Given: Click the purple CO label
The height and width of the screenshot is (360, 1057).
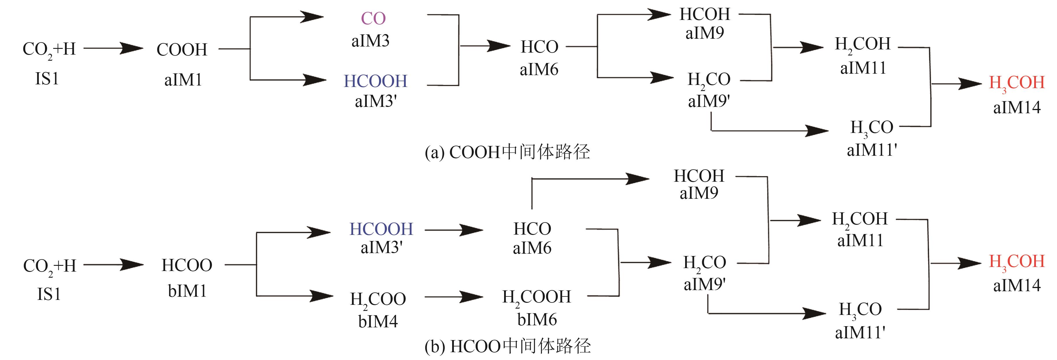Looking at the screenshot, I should click(x=373, y=18).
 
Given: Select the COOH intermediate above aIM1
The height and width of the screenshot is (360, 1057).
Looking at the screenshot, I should click(x=182, y=50).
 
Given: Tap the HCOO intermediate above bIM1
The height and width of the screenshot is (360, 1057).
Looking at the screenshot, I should click(x=187, y=265).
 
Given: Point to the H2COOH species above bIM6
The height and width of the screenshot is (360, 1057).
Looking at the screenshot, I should click(x=536, y=297).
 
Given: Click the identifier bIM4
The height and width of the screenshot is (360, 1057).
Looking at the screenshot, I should click(x=378, y=321).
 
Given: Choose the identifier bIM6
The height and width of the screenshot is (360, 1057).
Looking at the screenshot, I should click(x=537, y=319).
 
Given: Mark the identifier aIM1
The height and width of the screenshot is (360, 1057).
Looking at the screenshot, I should click(x=183, y=80).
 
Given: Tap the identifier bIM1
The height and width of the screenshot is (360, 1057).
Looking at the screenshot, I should click(x=187, y=291).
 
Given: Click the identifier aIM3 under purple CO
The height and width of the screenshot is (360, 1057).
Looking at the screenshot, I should click(x=370, y=41).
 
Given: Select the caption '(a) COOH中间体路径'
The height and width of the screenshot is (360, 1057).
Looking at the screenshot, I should click(x=507, y=152).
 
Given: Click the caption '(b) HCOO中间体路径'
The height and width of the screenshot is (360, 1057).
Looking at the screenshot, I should click(x=508, y=346).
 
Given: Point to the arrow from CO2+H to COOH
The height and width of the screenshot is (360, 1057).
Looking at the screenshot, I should click(x=113, y=49).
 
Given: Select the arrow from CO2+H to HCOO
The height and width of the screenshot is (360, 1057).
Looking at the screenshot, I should click(x=113, y=265).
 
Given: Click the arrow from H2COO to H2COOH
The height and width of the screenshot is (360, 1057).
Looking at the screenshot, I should click(x=453, y=296).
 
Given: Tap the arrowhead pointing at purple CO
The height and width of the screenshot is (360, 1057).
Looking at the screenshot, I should click(x=312, y=17).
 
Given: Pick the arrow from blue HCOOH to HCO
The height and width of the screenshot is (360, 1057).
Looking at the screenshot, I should click(x=453, y=230).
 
